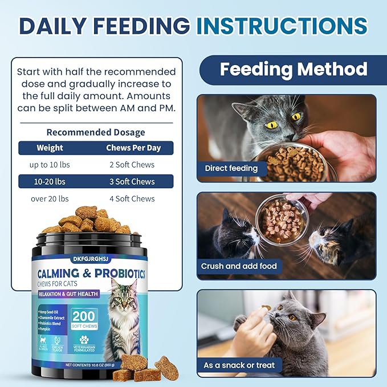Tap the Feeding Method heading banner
pos(293,70)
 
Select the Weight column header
pos(50,148)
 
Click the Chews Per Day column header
pos(133,148)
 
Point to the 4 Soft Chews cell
pos(135,199)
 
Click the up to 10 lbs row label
pos(50,165)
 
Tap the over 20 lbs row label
pos(50,199)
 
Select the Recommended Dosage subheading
pos(96,132)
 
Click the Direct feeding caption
pos(231,168)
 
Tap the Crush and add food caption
pos(239,266)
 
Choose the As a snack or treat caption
pos(239,365)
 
